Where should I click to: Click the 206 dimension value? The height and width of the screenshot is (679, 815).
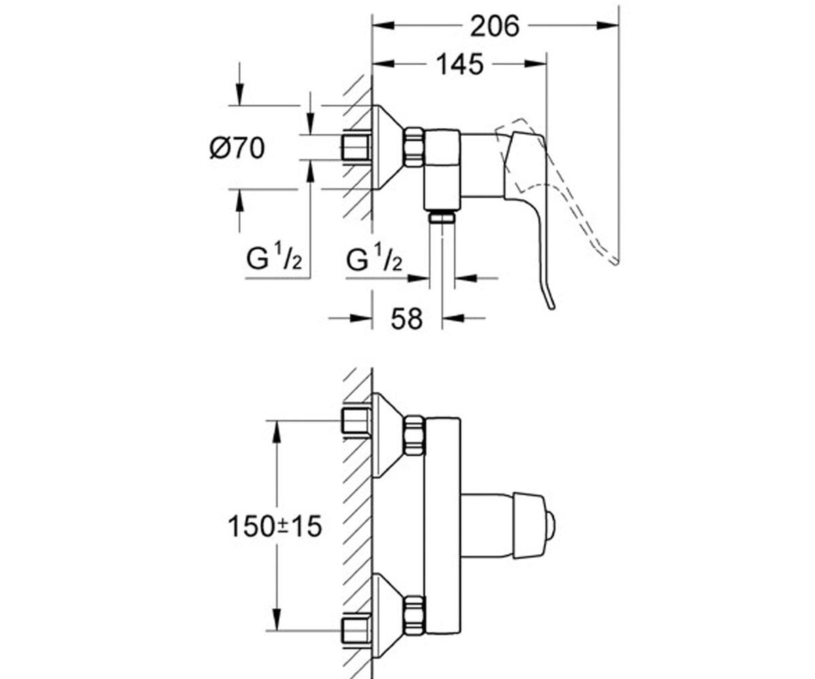[x=494, y=26]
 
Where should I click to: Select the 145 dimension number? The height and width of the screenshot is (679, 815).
[x=459, y=64]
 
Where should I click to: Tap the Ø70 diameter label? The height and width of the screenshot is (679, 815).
[x=237, y=148]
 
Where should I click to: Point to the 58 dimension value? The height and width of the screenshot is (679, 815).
[x=406, y=318]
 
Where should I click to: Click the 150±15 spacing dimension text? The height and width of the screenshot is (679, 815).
[x=274, y=526]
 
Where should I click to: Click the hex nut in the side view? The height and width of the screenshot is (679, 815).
[x=414, y=147]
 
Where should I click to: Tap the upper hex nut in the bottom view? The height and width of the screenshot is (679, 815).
[x=414, y=435]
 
